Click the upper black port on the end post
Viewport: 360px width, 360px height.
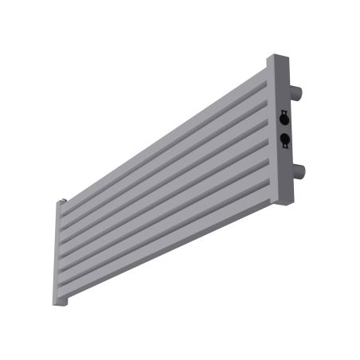point(285,119)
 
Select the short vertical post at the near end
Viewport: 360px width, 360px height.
point(61,255)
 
